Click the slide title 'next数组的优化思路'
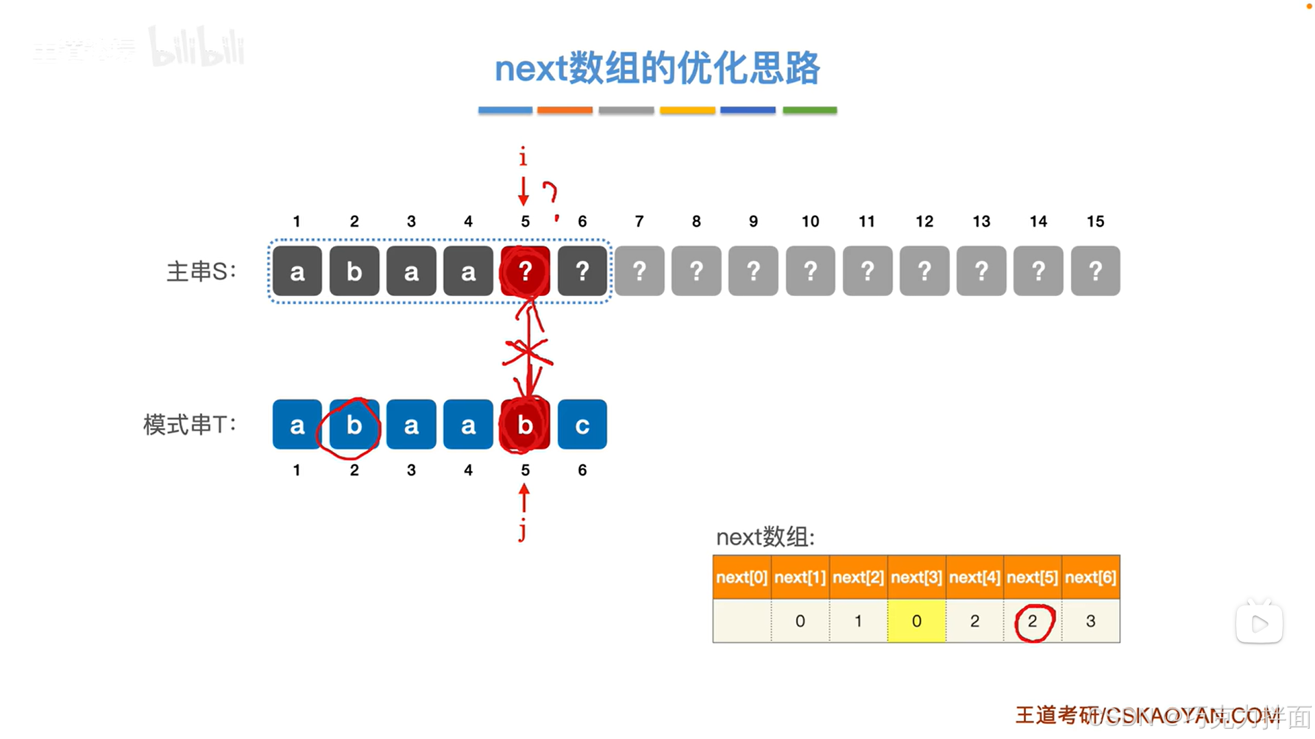(656, 68)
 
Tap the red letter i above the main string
(523, 158)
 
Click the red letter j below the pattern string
(523, 529)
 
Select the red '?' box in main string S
(525, 271)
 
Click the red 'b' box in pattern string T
(525, 425)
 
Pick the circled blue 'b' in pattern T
(354, 425)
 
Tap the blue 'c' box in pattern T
(582, 425)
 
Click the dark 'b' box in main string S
(354, 271)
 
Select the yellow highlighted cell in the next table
(916, 621)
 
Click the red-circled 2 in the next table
(1033, 621)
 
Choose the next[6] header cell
(1090, 577)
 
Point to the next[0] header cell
(741, 577)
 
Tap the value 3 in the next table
(1090, 621)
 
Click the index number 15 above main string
(1095, 221)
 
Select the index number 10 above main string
(810, 221)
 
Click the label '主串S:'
(201, 271)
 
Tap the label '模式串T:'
(189, 425)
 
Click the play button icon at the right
(1259, 623)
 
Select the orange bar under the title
(565, 110)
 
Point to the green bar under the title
(809, 110)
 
